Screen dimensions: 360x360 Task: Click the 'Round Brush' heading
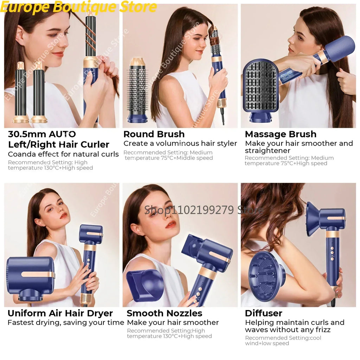(x=154, y=134)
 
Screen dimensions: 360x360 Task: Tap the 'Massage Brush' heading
(x=280, y=134)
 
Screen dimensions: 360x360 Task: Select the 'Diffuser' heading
(x=263, y=313)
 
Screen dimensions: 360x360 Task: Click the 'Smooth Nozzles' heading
(x=164, y=313)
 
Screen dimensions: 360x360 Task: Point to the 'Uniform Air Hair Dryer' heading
(x=60, y=313)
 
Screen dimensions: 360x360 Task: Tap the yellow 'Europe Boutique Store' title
(x=79, y=7)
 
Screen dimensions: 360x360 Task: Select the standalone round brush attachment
(x=137, y=90)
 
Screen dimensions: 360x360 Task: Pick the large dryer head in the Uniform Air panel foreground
(x=30, y=278)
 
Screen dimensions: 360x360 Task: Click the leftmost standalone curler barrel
(x=20, y=93)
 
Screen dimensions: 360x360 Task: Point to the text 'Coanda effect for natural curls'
(x=63, y=154)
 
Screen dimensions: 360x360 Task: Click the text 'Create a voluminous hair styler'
(x=180, y=143)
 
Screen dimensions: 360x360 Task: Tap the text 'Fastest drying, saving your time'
(x=66, y=322)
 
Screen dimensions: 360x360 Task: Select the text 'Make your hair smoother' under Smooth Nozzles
(x=173, y=322)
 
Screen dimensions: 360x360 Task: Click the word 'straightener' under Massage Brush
(x=268, y=151)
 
